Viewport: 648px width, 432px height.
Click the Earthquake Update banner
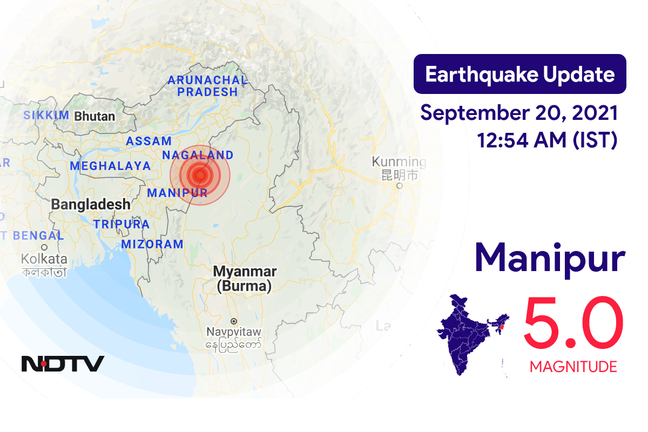(519, 74)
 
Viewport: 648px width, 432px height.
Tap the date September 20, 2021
(519, 113)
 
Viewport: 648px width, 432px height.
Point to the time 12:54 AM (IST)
(546, 140)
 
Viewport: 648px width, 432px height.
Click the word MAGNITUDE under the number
(573, 367)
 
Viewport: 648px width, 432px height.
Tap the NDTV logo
(63, 364)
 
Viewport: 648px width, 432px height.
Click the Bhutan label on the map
(94, 116)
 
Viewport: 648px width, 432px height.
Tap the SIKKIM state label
(46, 115)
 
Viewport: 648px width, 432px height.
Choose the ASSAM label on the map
(148, 141)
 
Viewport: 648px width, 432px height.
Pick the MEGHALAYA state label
(110, 166)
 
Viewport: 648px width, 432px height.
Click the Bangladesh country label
(91, 204)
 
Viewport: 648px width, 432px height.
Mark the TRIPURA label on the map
(121, 224)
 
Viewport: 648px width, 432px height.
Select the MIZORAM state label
(152, 244)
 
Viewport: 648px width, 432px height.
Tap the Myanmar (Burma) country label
(245, 279)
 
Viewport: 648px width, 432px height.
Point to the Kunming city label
(399, 162)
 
